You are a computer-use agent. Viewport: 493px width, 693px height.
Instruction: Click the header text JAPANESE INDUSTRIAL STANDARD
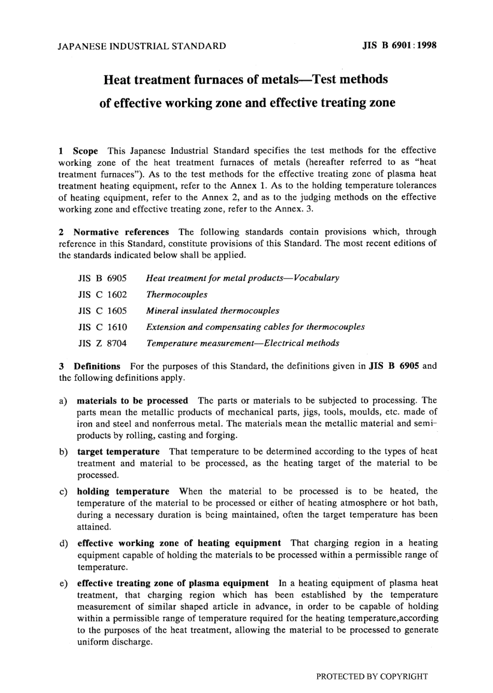[x=142, y=46]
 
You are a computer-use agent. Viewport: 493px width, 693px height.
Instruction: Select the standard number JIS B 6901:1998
[x=399, y=45]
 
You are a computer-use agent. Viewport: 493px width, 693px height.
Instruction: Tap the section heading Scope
[x=85, y=151]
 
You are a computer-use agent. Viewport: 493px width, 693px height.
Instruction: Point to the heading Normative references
[x=121, y=232]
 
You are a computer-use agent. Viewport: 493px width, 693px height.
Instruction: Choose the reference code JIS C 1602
[x=102, y=295]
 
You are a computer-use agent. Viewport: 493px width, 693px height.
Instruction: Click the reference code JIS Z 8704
[x=102, y=343]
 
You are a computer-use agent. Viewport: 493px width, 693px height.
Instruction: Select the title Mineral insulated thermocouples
[x=212, y=311]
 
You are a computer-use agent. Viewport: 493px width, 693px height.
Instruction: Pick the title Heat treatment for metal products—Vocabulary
[x=242, y=278]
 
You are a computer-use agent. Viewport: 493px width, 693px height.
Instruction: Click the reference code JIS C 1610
[x=102, y=327]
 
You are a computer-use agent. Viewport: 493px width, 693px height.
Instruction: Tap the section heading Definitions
[x=97, y=366]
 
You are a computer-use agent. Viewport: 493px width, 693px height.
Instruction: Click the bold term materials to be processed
[x=132, y=401]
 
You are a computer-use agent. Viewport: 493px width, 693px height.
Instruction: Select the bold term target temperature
[x=118, y=451]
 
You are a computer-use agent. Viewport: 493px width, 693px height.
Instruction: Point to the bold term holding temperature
[x=123, y=491]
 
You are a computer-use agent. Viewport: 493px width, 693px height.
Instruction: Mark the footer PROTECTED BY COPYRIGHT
[x=372, y=676]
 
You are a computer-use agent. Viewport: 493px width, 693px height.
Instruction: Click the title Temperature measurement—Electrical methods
[x=242, y=343]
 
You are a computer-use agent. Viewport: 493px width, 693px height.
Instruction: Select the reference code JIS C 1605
[x=102, y=311]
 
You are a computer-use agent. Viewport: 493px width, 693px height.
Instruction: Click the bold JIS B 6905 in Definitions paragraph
[x=393, y=366]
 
